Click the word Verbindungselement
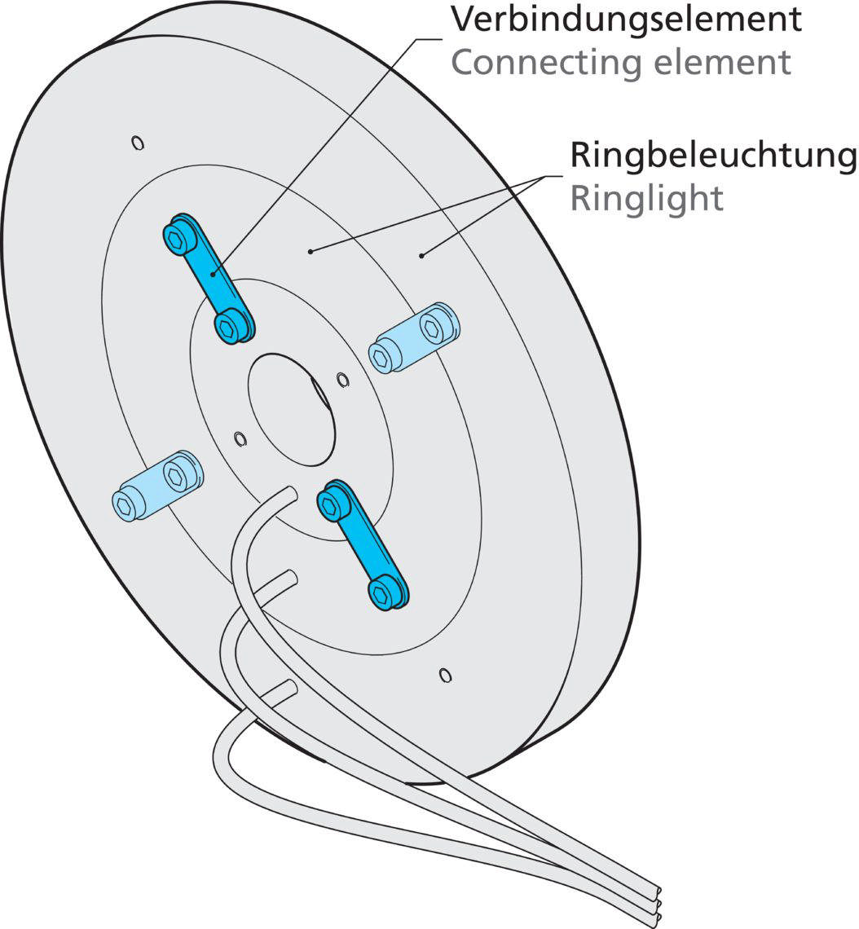[x=625, y=20]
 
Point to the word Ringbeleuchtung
[x=713, y=155]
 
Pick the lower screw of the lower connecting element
[x=382, y=592]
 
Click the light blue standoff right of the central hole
[x=414, y=337]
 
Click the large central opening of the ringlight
[x=292, y=407]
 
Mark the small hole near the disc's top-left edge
[x=138, y=143]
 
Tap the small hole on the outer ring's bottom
[x=444, y=675]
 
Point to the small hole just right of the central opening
[x=342, y=378]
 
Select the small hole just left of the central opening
[x=240, y=439]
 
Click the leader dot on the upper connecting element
[x=215, y=274]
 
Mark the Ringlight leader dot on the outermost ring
[x=421, y=256]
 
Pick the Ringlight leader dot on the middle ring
[x=311, y=252]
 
